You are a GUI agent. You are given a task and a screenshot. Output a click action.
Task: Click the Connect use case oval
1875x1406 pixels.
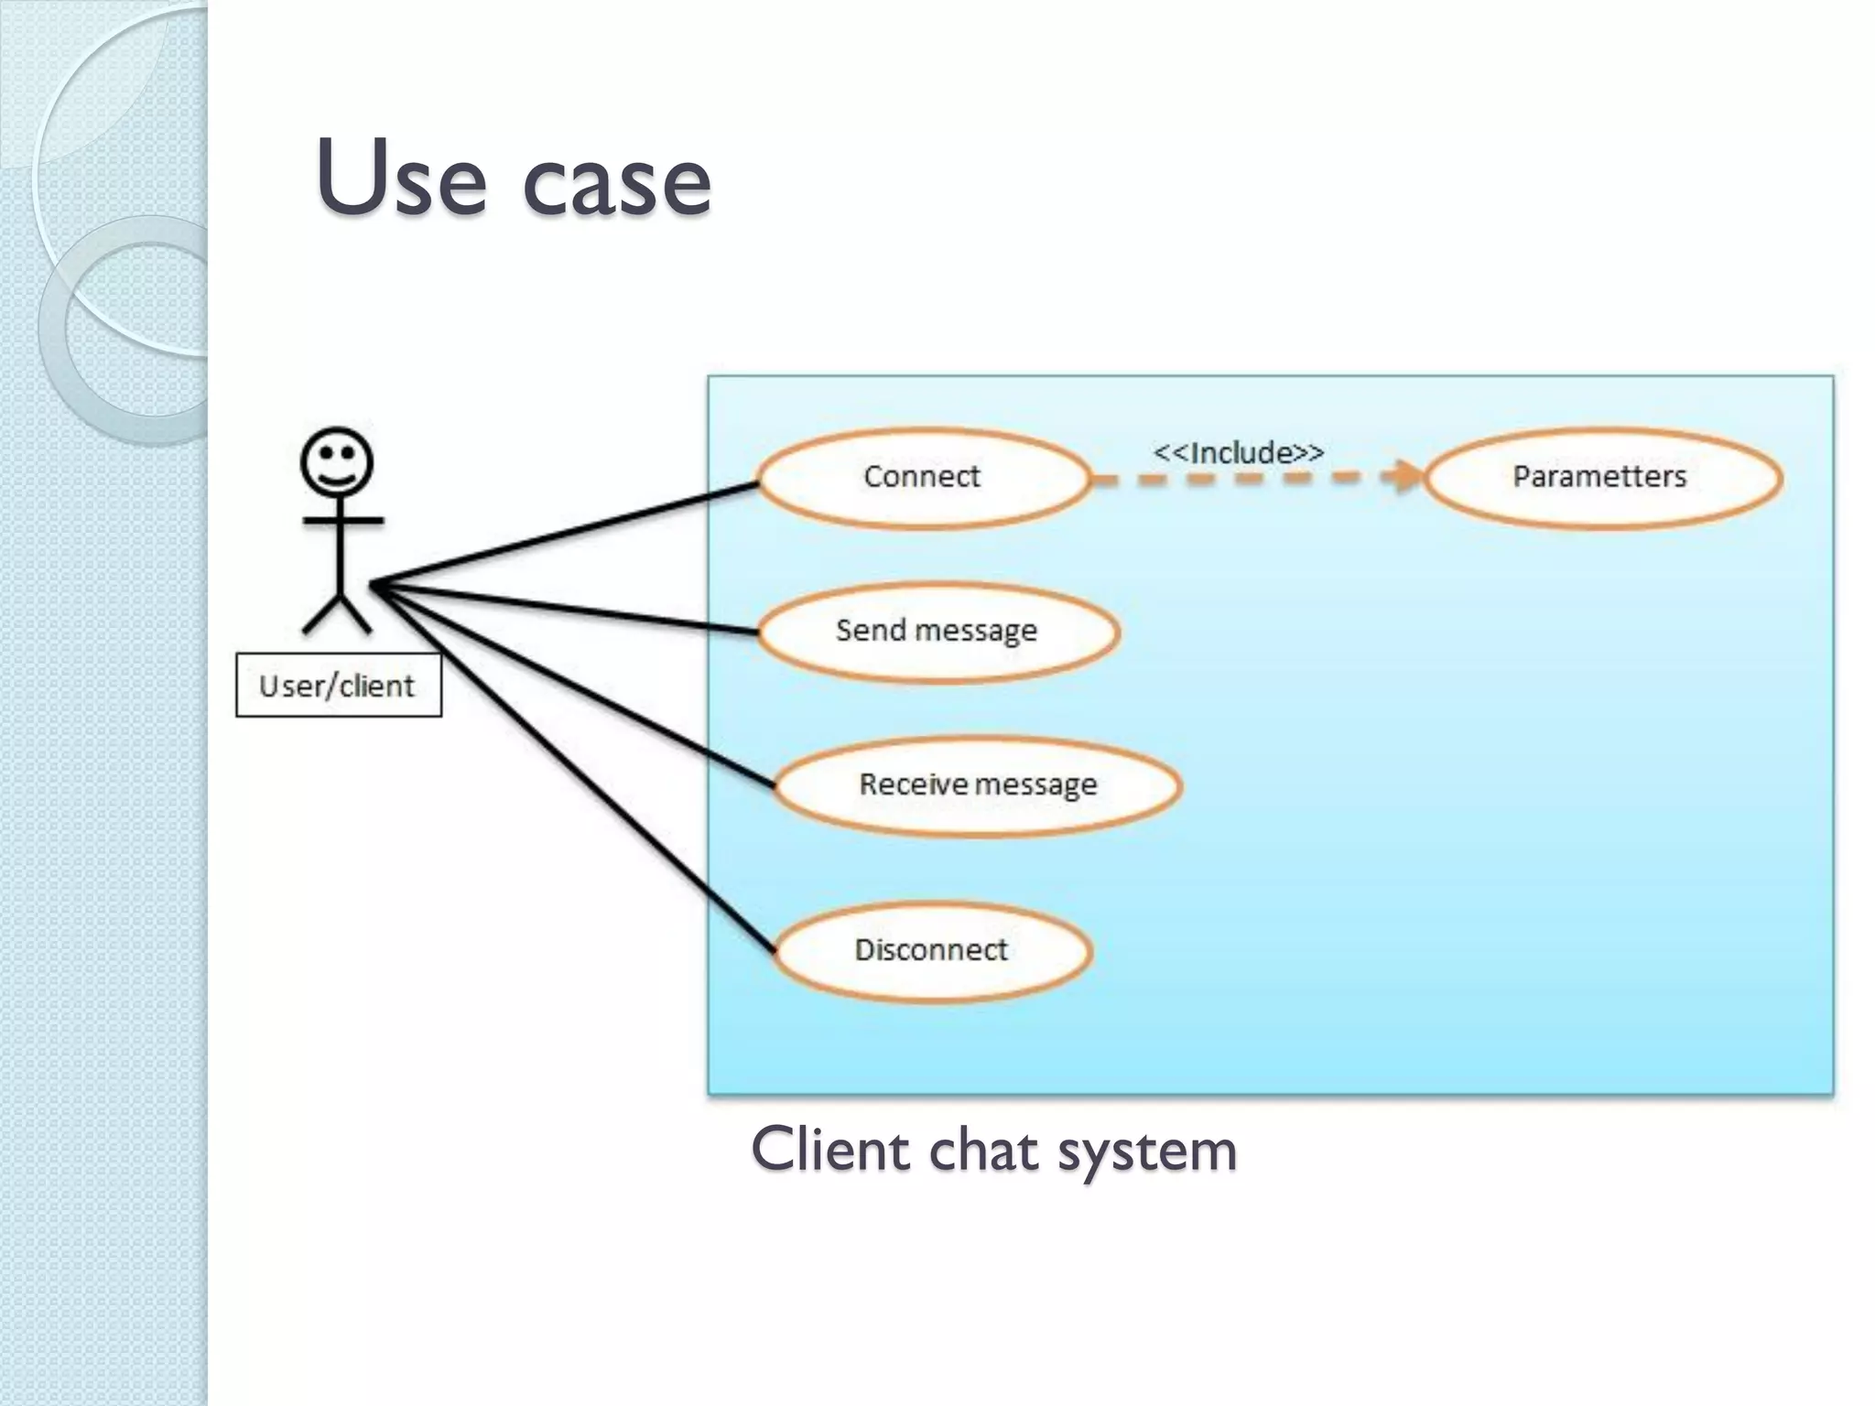point(923,478)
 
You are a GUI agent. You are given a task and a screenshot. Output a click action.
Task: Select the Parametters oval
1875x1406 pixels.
point(1600,478)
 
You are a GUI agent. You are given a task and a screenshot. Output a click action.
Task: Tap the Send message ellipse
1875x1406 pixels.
point(937,632)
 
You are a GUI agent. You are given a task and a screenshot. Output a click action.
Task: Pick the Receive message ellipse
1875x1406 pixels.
point(978,785)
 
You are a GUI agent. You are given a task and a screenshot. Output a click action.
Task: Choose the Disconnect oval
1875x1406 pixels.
point(932,950)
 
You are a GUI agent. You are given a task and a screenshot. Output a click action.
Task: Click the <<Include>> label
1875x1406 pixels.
point(1238,452)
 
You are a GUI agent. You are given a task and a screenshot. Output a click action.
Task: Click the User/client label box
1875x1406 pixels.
point(338,685)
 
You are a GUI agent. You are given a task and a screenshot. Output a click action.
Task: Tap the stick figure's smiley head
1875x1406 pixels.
point(337,462)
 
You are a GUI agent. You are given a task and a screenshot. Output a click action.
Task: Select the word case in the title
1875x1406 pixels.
point(616,183)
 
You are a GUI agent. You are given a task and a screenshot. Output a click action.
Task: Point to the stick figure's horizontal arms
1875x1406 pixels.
point(342,521)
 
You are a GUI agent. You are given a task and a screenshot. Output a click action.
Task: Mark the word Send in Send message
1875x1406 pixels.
point(870,630)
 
